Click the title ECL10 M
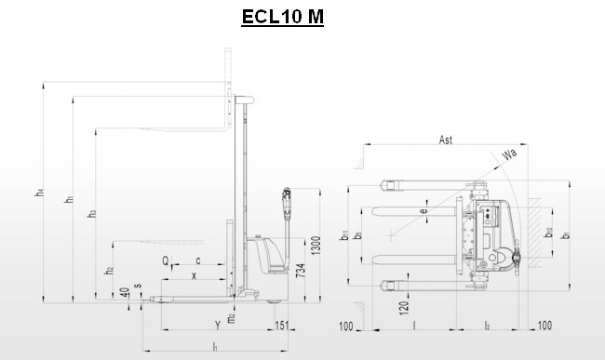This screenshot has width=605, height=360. (x=282, y=17)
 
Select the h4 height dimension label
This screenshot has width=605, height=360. (x=38, y=193)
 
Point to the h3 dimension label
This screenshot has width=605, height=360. (x=91, y=215)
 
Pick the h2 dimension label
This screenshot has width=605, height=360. (x=109, y=270)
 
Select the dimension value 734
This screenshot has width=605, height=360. (x=301, y=271)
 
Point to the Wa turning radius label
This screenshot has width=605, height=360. (x=509, y=153)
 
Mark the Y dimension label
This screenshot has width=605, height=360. (x=217, y=325)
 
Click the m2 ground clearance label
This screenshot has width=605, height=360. (x=231, y=319)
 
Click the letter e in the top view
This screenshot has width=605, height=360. (x=424, y=212)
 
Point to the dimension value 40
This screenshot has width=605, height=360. (x=126, y=291)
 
